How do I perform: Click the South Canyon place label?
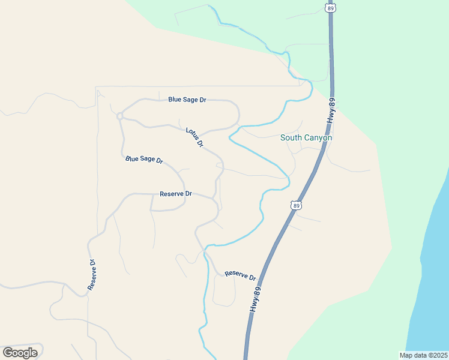pos(306,137)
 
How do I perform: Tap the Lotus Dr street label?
pos(194,137)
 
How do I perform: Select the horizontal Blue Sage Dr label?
pos(187,100)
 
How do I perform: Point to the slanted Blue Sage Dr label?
pos(144,160)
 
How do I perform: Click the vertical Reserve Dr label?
pos(92,275)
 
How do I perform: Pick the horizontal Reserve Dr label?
pos(175,194)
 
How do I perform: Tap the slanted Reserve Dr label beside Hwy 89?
pos(240,276)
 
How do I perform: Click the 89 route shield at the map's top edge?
pos(330,8)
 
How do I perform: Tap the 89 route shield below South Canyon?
pos(296,206)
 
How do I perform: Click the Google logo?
pos(20,352)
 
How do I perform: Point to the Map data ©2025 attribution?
pos(423,355)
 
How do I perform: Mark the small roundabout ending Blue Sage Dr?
pos(120,115)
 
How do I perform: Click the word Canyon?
pos(317,137)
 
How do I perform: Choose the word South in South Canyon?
pos(291,137)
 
